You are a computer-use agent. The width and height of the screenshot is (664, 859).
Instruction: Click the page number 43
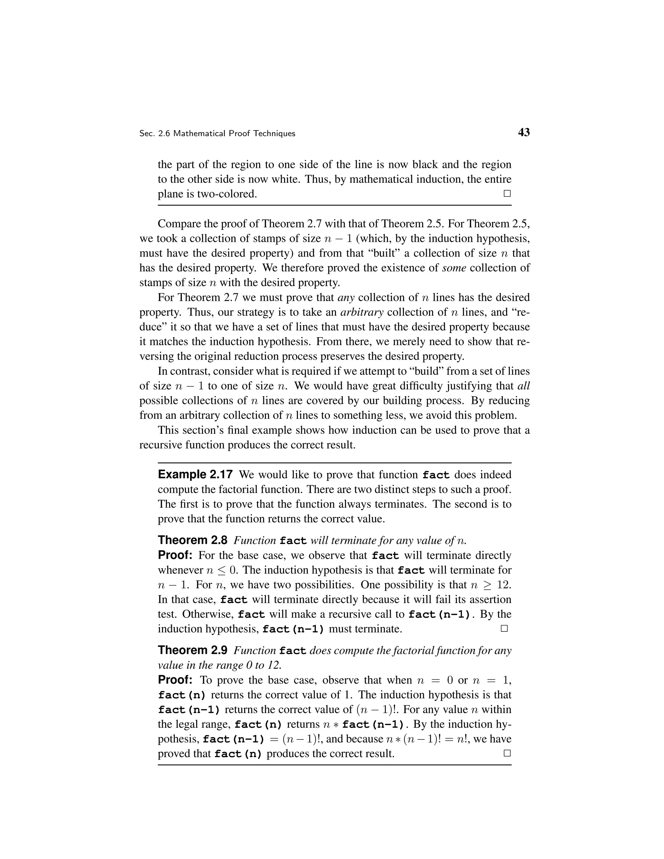tap(524, 133)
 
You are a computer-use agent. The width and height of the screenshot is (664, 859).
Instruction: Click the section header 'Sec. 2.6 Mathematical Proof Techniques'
tap(217, 134)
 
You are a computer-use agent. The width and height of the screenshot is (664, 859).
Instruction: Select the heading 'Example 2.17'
tap(195, 475)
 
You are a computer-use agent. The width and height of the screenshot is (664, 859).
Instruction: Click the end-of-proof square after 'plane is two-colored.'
tap(507, 194)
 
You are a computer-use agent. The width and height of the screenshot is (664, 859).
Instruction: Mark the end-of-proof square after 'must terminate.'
tap(504, 628)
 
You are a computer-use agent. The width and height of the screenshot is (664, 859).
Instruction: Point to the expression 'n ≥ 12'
tap(491, 584)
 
